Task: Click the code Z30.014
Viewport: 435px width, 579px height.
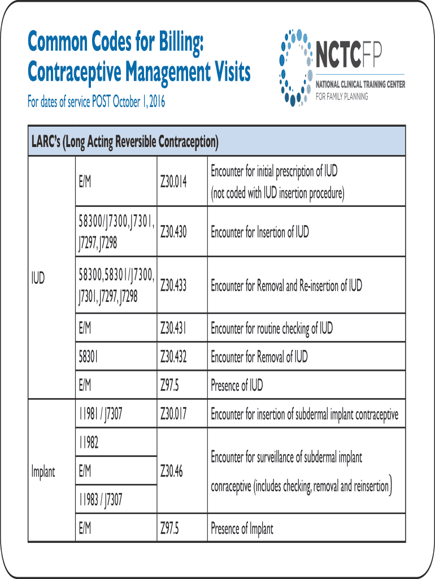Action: (x=173, y=182)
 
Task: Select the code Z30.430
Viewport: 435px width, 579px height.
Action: (x=173, y=232)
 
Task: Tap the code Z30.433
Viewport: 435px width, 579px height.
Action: (x=173, y=285)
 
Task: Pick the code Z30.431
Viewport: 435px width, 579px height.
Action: (x=173, y=328)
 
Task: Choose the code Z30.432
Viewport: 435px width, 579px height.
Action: (x=173, y=357)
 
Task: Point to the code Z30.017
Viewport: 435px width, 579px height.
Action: (x=173, y=414)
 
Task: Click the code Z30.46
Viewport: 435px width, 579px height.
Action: (x=171, y=471)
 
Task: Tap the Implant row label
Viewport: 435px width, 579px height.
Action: (x=43, y=472)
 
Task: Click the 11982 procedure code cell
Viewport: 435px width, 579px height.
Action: (x=89, y=443)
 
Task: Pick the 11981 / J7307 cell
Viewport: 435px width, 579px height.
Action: (x=101, y=414)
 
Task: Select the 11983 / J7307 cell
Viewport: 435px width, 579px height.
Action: (x=101, y=500)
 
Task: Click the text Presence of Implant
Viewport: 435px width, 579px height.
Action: (x=242, y=529)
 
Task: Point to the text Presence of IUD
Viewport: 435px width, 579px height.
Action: (x=237, y=386)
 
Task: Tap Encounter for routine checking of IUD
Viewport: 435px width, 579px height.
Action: (x=272, y=328)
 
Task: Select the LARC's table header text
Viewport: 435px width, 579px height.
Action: (x=124, y=141)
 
